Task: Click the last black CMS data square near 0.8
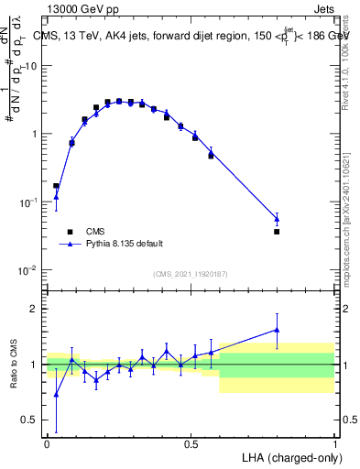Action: click(x=277, y=232)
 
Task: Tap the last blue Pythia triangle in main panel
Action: click(x=277, y=219)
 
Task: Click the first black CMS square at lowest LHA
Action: click(x=56, y=186)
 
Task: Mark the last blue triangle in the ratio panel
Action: click(x=277, y=330)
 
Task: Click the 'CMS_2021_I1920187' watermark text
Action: click(x=190, y=273)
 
